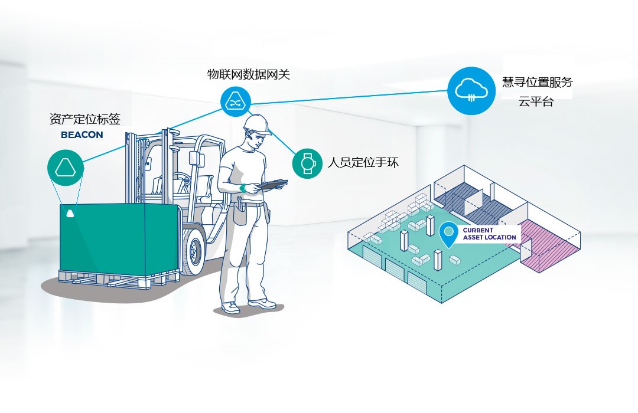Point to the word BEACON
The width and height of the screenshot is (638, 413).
[82, 135]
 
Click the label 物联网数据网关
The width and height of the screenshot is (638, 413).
[248, 75]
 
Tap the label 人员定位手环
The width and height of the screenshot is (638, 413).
[363, 162]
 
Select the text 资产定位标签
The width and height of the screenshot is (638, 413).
[84, 119]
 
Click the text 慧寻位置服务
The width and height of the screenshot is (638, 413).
[537, 82]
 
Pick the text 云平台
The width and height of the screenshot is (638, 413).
[536, 101]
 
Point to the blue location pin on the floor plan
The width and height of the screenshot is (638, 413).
[449, 234]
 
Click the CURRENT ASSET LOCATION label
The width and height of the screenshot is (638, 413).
[489, 234]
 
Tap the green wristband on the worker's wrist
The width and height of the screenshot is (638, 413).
[242, 188]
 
